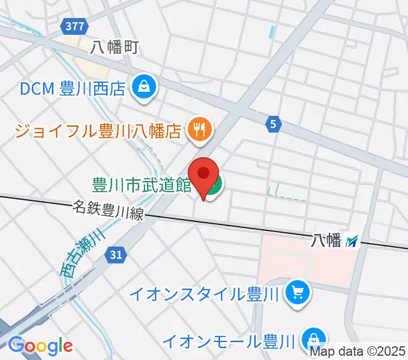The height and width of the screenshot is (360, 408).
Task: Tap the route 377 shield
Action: point(76,26)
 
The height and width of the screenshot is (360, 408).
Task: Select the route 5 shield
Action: point(273,124)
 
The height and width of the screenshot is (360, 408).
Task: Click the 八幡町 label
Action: point(114,48)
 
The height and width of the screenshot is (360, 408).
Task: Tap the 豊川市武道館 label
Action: point(142,184)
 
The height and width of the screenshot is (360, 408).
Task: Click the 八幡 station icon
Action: point(353,241)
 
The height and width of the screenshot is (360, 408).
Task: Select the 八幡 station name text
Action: point(326,241)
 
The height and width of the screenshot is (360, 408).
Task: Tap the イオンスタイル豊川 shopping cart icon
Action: point(297,293)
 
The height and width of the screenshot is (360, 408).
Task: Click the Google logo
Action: point(40,346)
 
